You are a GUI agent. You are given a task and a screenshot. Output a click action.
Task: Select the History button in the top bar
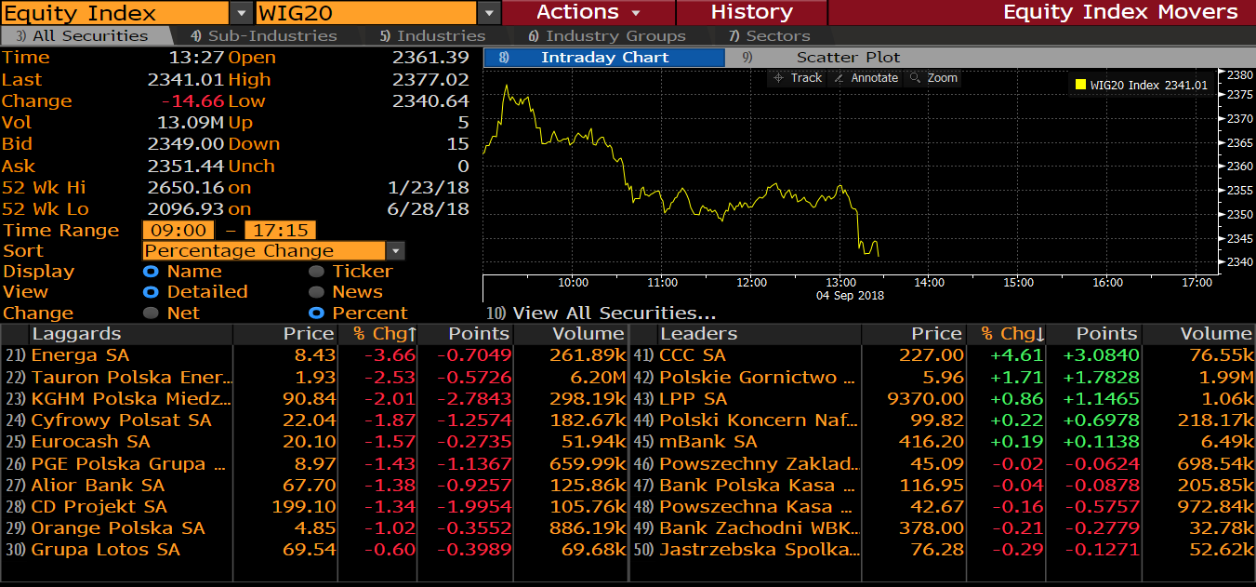click(751, 12)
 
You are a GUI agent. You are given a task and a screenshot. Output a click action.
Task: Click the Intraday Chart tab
click(604, 58)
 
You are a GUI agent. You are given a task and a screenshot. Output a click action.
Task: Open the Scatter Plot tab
click(848, 58)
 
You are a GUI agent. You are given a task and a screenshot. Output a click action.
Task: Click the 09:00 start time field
click(178, 231)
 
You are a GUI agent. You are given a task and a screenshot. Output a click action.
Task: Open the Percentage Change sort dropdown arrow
click(396, 251)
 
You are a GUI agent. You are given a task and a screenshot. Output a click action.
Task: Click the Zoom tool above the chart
click(933, 78)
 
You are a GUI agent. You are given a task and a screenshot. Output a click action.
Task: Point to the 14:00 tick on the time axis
click(930, 283)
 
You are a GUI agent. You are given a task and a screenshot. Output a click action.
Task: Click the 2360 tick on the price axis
click(1240, 167)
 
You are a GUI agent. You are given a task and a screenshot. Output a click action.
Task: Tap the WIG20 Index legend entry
click(1141, 86)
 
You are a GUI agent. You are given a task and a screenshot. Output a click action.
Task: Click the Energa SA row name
click(80, 355)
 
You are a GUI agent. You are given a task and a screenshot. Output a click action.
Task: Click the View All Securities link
click(614, 314)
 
